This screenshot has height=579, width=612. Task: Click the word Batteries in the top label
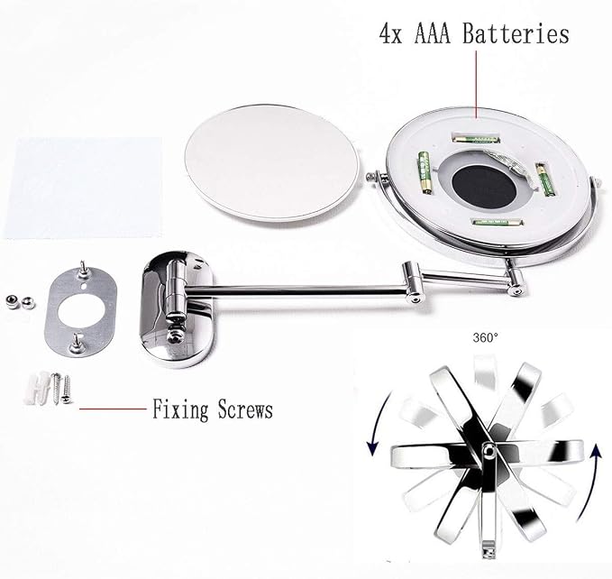coord(516,33)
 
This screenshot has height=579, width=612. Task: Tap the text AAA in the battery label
coord(432,33)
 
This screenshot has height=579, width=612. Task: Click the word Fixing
coord(180,410)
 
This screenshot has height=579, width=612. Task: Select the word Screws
coord(245,409)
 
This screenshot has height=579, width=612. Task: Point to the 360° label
coord(486,337)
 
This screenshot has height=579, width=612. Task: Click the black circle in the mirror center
coord(485,187)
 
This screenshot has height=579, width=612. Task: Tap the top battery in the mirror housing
coord(476,139)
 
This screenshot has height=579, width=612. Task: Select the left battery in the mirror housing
coord(425,173)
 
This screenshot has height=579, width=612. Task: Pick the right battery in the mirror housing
coord(545,180)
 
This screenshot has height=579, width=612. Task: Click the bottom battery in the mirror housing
coord(498,223)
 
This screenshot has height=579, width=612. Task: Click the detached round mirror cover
coord(271,162)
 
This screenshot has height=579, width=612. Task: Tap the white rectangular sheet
coord(83,188)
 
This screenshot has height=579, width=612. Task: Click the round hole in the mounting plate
coord(81,311)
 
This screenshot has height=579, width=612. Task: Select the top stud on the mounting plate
coord(83,270)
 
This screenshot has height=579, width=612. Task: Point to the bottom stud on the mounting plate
coord(76,344)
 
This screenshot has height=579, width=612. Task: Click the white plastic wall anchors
coord(38,388)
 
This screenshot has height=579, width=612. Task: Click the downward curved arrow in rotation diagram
coord(379,424)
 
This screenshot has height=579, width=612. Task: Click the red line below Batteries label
coord(476,84)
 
